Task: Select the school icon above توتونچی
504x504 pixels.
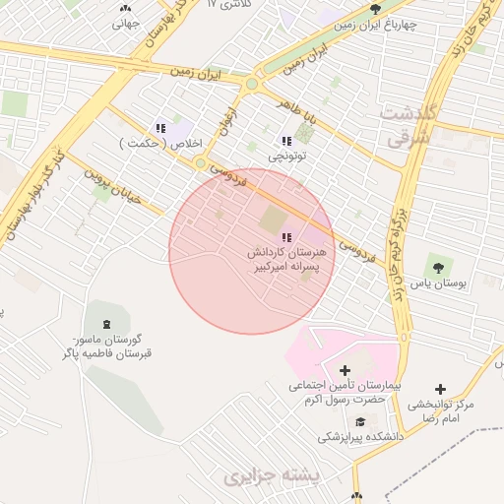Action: tap(286, 141)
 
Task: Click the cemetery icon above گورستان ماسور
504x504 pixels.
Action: tap(105, 325)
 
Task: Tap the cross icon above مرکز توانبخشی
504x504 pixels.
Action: tap(440, 390)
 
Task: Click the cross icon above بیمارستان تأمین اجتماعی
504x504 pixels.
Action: tap(344, 369)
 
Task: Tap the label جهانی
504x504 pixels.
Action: tap(125, 23)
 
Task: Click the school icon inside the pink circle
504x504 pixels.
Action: tap(286, 236)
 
